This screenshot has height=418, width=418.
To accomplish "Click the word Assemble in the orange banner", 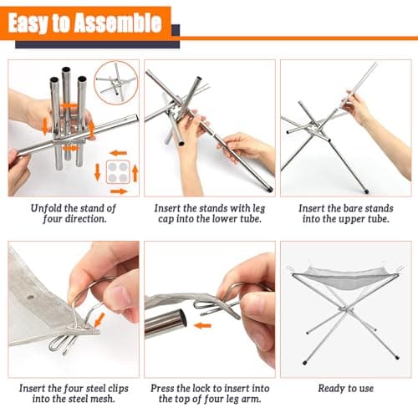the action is pyautogui.click(x=118, y=23).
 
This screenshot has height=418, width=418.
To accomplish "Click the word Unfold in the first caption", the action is pyautogui.click(x=46, y=208).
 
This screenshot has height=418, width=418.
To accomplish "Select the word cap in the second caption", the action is pyautogui.click(x=166, y=219).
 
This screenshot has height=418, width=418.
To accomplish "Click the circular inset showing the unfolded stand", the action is pyautogui.click(x=115, y=83).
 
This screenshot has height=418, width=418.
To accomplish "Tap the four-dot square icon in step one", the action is pyautogui.click(x=118, y=172).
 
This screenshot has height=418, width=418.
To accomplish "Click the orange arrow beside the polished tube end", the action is pyautogui.click(x=202, y=325).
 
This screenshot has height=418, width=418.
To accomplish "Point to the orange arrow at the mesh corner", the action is pyautogui.click(x=99, y=319).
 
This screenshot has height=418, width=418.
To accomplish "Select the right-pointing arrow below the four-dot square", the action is pyautogui.click(x=119, y=191).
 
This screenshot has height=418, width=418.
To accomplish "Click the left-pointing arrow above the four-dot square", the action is pyautogui.click(x=118, y=153).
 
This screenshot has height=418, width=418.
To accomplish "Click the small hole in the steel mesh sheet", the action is pyautogui.click(x=30, y=298).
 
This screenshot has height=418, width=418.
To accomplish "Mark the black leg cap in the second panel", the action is pyautogui.click(x=269, y=191).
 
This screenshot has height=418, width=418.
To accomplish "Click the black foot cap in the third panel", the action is pyautogui.click(x=366, y=191).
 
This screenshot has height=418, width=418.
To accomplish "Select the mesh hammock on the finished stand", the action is pyautogui.click(x=345, y=278).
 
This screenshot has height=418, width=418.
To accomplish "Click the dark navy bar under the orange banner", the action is pyautogui.click(x=97, y=44).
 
